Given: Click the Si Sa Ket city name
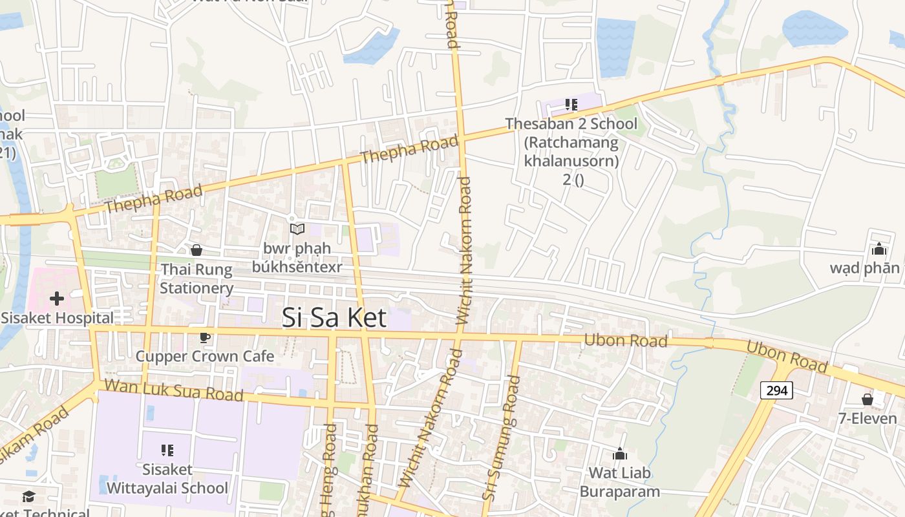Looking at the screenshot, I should click(x=334, y=317).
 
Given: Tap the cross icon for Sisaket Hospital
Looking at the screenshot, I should click(x=57, y=299).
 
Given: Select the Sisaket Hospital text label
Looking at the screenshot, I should click(x=57, y=318).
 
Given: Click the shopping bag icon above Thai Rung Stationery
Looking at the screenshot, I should click(x=197, y=250).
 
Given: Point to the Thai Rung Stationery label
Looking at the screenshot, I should click(x=197, y=279).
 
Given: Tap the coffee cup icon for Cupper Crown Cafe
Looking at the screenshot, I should click(x=204, y=337).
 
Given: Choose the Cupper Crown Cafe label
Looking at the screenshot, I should click(x=204, y=356).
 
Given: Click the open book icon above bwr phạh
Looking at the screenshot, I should click(x=297, y=229).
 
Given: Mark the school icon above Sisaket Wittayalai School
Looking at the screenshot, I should click(x=167, y=450).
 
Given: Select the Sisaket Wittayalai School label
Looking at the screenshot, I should click(x=167, y=478).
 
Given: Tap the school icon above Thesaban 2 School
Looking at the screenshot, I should click(x=571, y=104).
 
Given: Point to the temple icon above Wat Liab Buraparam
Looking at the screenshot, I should click(x=620, y=454).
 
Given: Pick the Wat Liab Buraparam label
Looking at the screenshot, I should click(x=620, y=481).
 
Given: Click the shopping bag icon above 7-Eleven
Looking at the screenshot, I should click(x=868, y=399).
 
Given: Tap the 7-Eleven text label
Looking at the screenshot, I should click(x=868, y=419).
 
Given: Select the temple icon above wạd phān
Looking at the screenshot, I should click(x=878, y=249).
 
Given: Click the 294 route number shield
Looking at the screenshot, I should click(x=776, y=390).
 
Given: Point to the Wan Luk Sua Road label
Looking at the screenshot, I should click(x=173, y=390).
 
